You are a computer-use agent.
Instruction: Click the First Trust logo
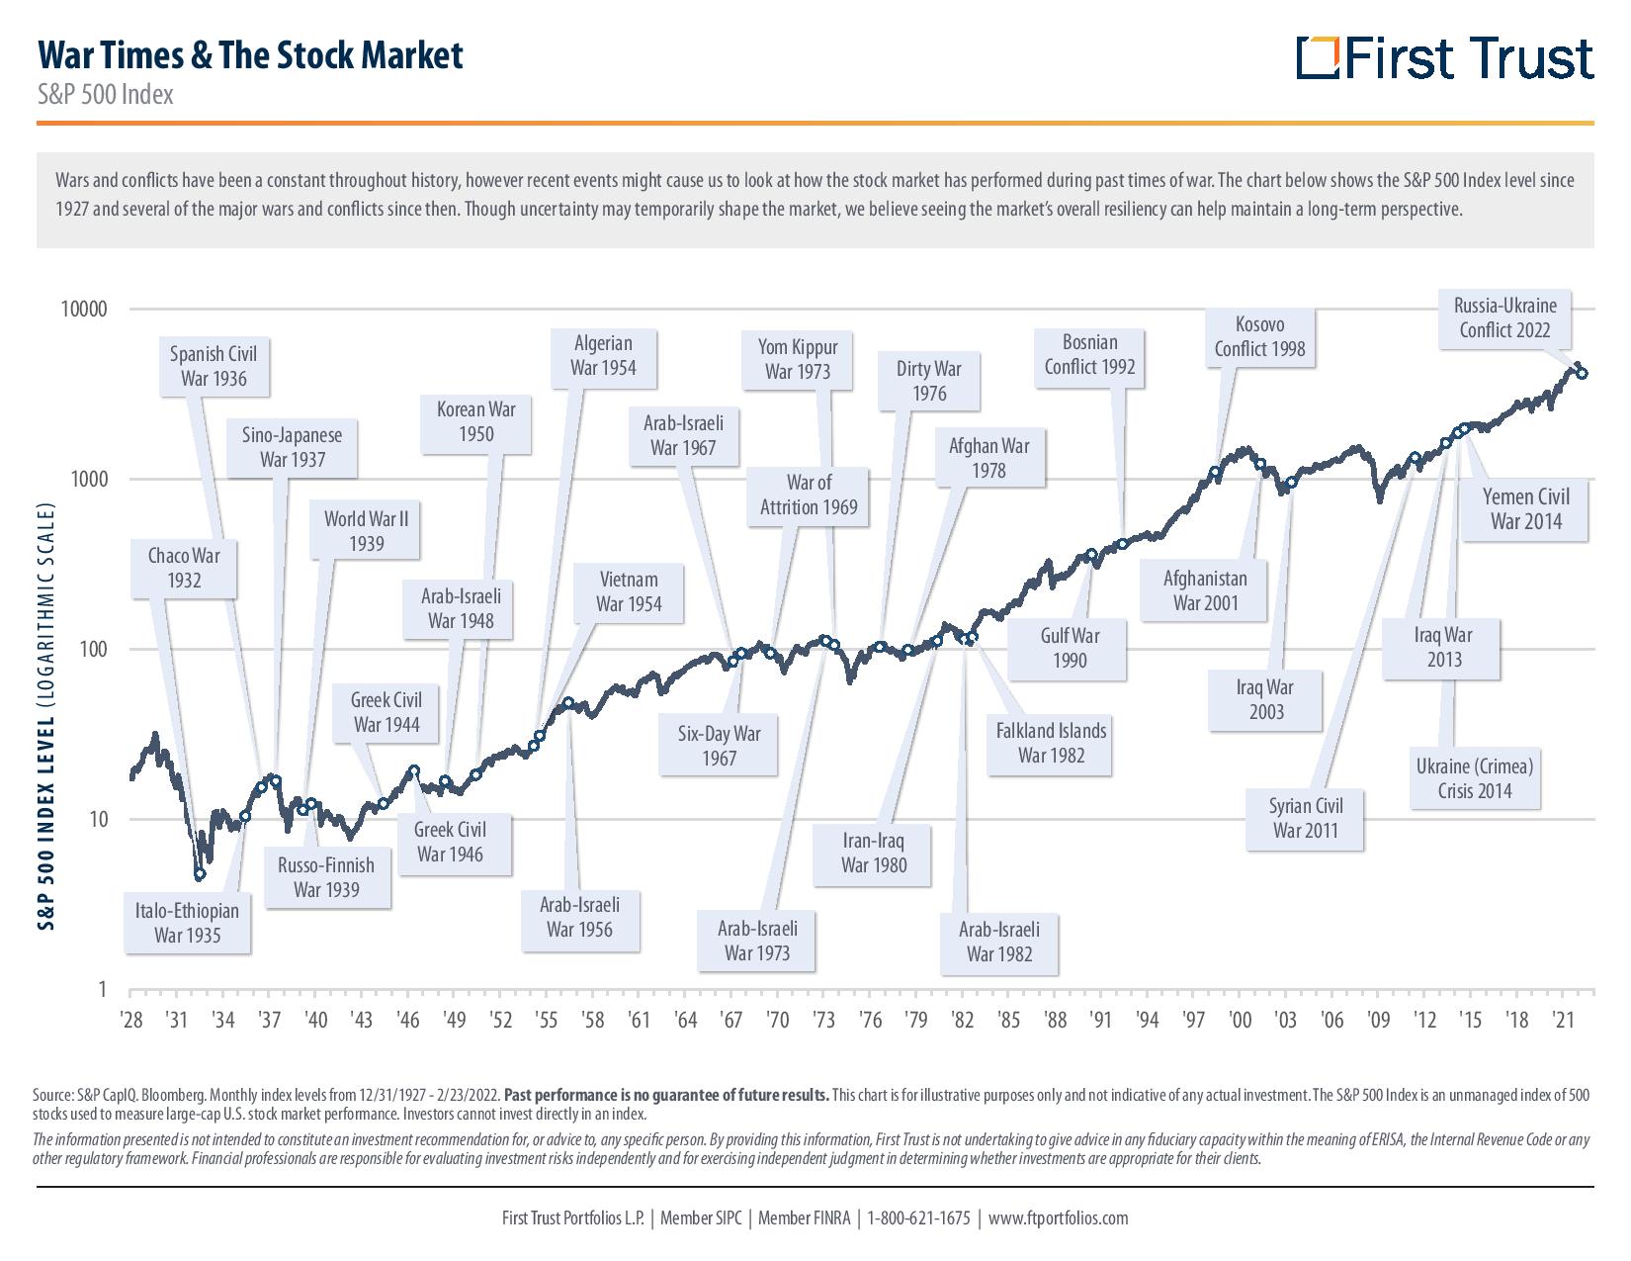(x=1444, y=58)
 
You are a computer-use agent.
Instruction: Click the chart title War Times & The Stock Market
(x=249, y=55)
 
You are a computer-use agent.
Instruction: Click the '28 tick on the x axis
(x=130, y=1019)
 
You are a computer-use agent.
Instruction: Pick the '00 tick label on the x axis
(x=1240, y=1019)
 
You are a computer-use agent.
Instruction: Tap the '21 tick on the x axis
(x=1564, y=1019)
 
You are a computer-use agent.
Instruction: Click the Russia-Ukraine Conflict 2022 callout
(x=1504, y=317)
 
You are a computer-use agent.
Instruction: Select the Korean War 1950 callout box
(x=475, y=421)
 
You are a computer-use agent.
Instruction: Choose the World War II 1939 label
(x=366, y=531)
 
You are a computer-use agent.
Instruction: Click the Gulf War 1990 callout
(x=1069, y=648)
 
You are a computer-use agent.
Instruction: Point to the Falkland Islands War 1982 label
(x=1051, y=743)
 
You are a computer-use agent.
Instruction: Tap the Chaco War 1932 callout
(x=184, y=568)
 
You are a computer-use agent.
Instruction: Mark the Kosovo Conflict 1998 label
(x=1259, y=336)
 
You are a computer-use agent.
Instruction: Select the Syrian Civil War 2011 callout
(x=1305, y=817)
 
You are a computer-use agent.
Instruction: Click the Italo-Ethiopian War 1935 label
(x=187, y=923)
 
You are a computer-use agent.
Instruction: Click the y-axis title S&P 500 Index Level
(x=45, y=717)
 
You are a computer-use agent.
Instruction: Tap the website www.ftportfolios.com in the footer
(x=1058, y=1217)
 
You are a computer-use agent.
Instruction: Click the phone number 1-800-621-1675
(x=918, y=1217)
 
